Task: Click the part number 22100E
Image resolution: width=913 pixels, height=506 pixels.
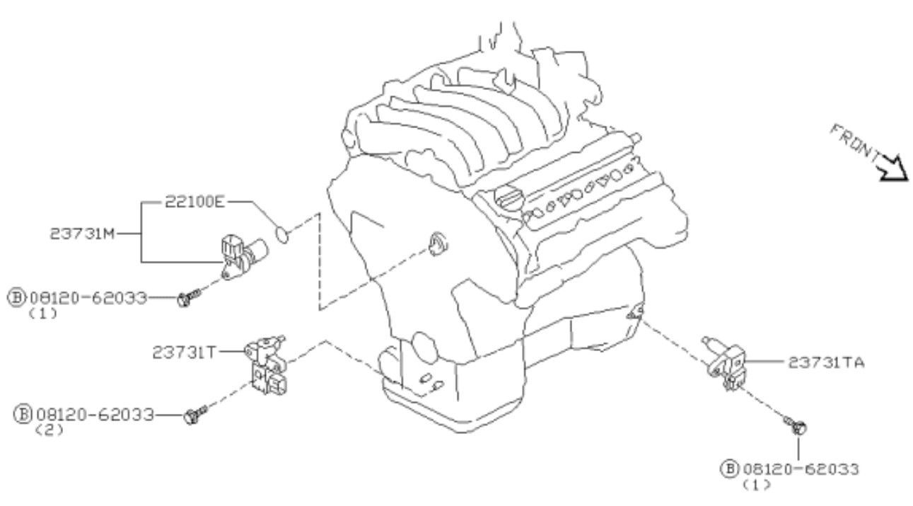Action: pos(194,202)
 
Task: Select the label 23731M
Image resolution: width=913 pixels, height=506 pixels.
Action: pos(82,234)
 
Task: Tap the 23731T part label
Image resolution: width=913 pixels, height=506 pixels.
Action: pos(184,352)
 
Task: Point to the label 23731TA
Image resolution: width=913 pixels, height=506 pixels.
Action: pos(826,362)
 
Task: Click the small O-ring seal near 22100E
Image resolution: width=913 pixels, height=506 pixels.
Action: pos(282,234)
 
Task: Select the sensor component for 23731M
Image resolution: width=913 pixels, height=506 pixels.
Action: pos(243,255)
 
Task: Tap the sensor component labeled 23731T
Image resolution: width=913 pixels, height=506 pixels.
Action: pos(267,365)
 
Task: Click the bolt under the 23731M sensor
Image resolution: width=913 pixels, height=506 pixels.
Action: pos(189,298)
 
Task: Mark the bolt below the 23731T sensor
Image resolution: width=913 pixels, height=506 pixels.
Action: pos(195,414)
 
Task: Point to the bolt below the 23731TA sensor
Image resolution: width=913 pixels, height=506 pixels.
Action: pos(795,425)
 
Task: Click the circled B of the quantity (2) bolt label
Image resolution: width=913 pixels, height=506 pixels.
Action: pos(23,414)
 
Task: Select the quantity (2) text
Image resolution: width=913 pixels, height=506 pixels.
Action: pos(50,430)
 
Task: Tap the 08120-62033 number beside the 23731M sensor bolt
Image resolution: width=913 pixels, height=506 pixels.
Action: pos(88,298)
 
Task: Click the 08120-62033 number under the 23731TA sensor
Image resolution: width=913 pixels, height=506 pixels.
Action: pos(801,469)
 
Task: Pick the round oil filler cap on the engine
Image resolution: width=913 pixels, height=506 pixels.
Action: pos(508,197)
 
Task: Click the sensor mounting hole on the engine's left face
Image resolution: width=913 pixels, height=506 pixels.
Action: pos(438,245)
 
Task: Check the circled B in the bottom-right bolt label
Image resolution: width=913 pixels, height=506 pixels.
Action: pos(730,468)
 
